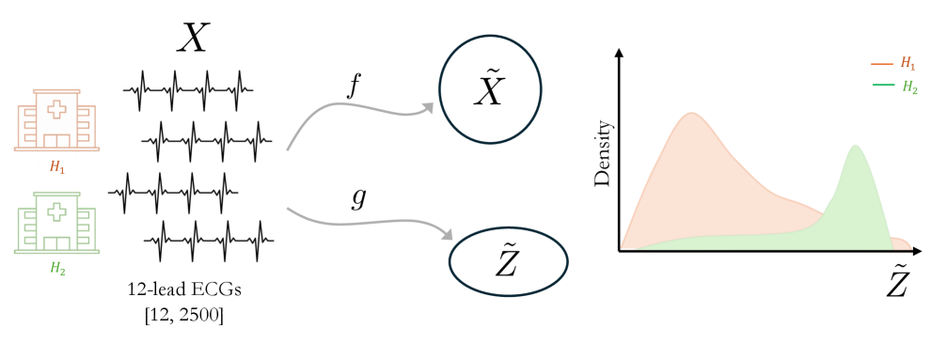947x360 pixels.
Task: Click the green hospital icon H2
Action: coord(56,223)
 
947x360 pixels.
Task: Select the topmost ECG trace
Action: coord(189,89)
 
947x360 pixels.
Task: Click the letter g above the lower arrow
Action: coord(357,199)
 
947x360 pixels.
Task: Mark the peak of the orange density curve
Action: coord(691,114)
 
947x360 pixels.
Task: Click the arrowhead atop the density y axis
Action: coord(619,55)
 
